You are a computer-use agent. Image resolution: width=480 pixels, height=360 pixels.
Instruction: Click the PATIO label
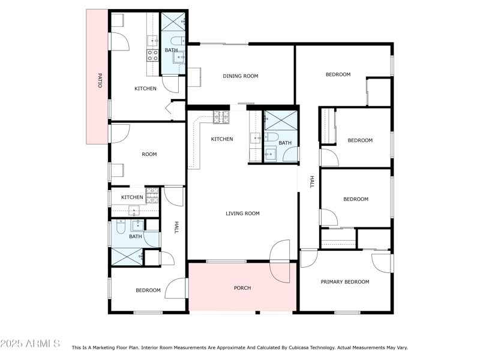click(x=99, y=81)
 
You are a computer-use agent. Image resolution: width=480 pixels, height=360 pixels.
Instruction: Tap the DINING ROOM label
click(x=240, y=76)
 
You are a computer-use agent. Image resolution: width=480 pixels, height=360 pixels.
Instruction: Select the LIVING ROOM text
click(x=242, y=213)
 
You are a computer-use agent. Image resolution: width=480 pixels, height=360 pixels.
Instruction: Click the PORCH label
click(x=242, y=288)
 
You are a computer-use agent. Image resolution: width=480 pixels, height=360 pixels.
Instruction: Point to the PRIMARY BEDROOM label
click(x=344, y=281)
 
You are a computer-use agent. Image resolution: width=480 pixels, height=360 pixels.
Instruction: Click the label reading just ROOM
click(x=149, y=154)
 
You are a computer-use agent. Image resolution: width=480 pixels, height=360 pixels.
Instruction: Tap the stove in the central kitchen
click(x=221, y=117)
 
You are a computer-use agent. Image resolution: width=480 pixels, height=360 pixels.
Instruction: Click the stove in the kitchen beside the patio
click(x=153, y=56)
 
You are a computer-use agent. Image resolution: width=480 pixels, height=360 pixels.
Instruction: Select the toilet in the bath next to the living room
click(x=271, y=138)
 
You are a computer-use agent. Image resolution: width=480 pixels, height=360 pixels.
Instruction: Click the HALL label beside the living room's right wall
click(x=311, y=182)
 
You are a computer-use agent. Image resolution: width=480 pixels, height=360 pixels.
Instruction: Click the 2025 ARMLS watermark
click(x=30, y=343)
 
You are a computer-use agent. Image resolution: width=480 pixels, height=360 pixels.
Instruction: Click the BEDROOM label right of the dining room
click(x=338, y=74)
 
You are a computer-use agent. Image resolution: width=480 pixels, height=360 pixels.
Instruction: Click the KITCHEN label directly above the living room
click(x=221, y=139)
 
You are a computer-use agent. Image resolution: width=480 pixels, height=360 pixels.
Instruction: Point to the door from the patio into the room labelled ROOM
click(x=119, y=133)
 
